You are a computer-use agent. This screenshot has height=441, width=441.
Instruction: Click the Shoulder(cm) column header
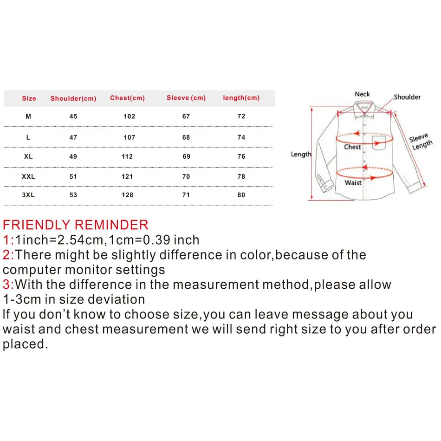tap(73, 98)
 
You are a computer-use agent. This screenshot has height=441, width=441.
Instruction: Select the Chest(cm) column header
tap(127, 98)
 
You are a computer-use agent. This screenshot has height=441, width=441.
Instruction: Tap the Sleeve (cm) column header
tap(186, 98)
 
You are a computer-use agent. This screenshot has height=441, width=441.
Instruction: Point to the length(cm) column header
tap(241, 98)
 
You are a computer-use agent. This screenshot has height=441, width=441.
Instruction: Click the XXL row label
tap(28, 176)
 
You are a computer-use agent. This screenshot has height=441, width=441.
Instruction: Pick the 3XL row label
tap(28, 195)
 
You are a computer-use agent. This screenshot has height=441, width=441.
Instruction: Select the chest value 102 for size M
tap(129, 117)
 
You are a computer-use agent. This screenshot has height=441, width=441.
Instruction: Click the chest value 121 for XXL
tap(127, 176)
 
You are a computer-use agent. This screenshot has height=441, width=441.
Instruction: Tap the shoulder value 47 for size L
tap(73, 137)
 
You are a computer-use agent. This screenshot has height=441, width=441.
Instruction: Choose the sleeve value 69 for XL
tap(186, 156)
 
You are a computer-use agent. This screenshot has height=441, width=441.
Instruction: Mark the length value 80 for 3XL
tap(241, 195)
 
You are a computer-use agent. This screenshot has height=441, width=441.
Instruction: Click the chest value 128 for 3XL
tap(127, 195)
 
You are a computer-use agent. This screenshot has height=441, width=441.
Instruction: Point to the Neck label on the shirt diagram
tap(362, 94)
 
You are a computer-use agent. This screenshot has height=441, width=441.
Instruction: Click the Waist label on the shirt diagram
tap(353, 182)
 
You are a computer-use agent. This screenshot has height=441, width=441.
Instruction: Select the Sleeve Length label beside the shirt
tap(421, 141)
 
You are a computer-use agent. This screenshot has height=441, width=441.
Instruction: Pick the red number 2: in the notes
tap(8, 255)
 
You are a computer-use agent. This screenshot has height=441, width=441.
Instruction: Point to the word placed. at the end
tap(25, 344)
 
